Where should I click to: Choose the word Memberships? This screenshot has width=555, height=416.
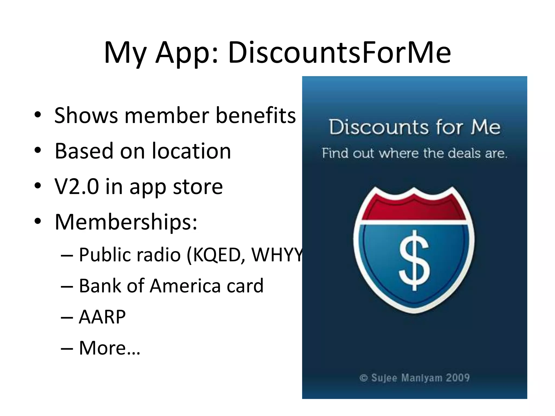point(126,222)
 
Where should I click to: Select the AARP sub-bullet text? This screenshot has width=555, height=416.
point(102,317)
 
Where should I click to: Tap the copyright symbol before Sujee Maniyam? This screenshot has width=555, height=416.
point(363,378)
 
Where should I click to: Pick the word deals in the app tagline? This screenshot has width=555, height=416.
point(464,153)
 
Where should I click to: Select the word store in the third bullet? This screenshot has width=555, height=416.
point(198,187)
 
